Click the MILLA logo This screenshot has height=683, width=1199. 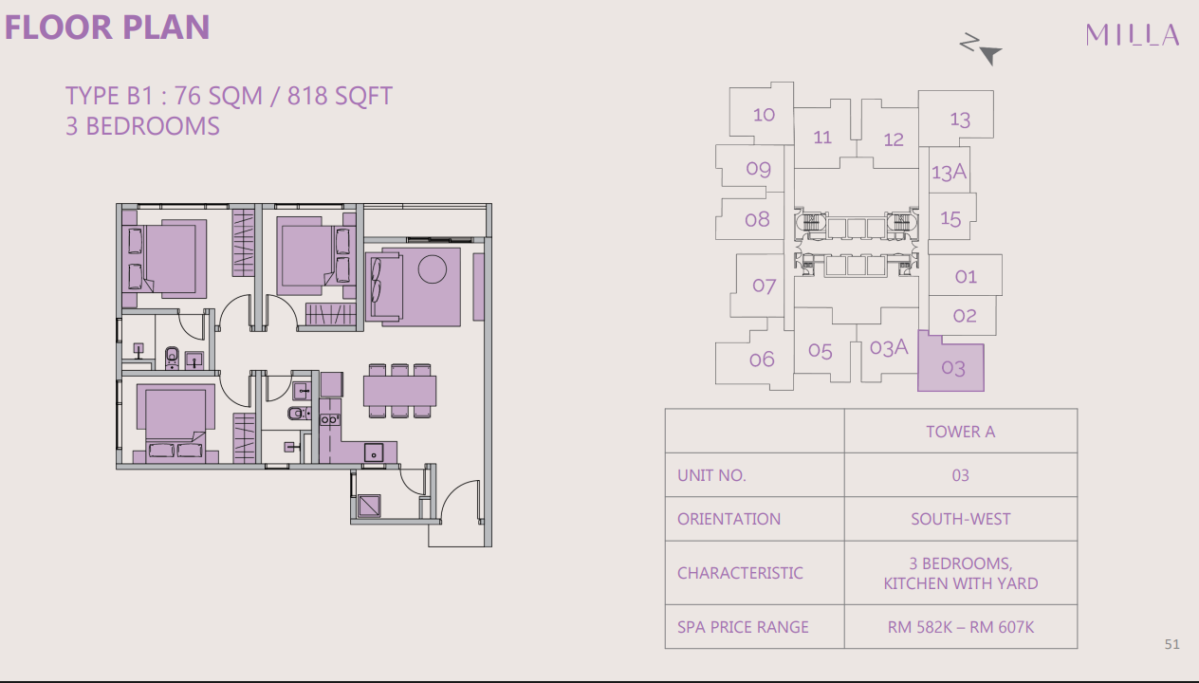[1133, 36]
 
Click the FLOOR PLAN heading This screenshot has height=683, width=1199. [107, 27]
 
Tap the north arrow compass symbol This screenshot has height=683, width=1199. [981, 49]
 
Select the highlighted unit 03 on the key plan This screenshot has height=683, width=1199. [951, 367]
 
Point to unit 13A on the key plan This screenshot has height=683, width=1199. [949, 172]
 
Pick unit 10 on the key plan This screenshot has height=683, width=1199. [764, 115]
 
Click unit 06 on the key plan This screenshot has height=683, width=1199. [762, 359]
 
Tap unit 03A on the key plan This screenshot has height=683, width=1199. [889, 348]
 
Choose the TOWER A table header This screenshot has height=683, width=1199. [960, 432]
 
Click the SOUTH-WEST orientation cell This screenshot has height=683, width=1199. [960, 519]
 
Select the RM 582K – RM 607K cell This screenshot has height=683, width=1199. [960, 627]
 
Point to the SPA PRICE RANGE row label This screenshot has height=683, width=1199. [743, 627]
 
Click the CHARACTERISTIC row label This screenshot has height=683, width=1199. [740, 573]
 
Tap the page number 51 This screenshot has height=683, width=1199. [1171, 645]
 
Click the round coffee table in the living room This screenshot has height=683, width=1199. [433, 269]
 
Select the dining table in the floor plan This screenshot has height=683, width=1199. [399, 390]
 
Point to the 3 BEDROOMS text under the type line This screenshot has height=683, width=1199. [142, 126]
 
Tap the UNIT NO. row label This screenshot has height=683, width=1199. [711, 475]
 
